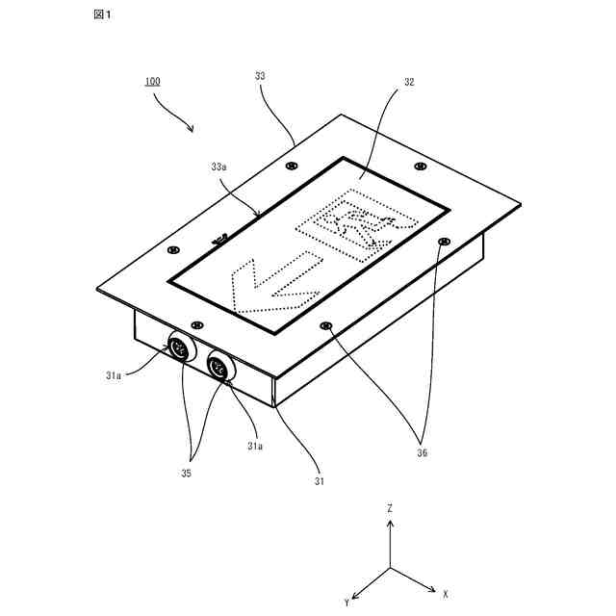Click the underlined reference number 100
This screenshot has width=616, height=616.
(153, 82)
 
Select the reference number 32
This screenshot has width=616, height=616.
(409, 83)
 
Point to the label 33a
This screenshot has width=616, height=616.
(218, 167)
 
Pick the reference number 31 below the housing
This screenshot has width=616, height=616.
(319, 480)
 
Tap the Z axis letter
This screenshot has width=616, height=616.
(390, 507)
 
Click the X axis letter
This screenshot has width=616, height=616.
(446, 593)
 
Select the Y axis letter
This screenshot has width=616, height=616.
(346, 602)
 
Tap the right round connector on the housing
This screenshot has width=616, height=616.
(219, 367)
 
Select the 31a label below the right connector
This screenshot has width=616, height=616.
(255, 446)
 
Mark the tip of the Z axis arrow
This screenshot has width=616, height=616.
(390, 522)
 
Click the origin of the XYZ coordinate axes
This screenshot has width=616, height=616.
(390, 568)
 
